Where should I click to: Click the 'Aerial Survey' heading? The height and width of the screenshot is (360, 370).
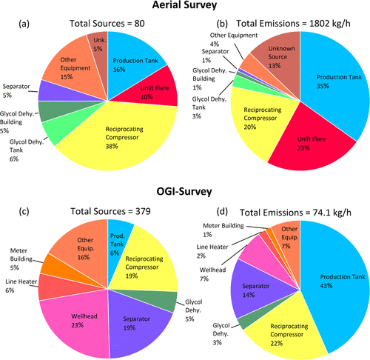coord(184,7)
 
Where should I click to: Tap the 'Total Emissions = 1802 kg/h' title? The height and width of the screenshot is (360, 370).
coord(286,23)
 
